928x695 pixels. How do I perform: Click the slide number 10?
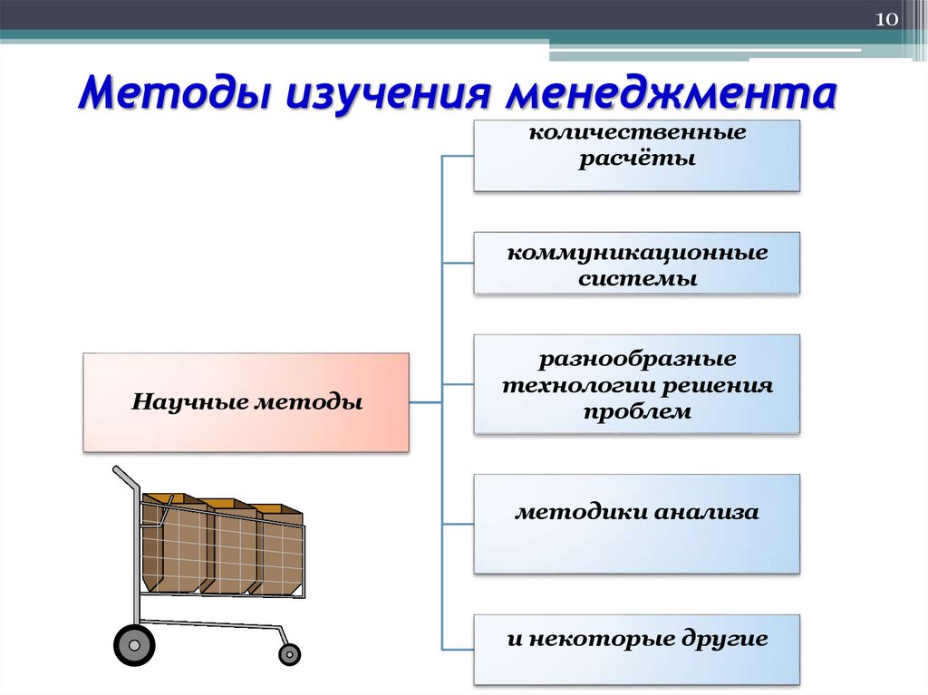point(884,20)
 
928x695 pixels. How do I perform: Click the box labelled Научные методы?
point(246,402)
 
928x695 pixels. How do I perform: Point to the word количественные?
point(637,133)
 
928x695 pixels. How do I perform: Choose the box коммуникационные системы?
point(636,263)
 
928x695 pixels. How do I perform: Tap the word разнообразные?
point(637,360)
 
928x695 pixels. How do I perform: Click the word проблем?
point(637,411)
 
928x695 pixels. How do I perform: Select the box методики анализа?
point(636,524)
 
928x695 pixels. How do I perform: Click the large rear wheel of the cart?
point(134,644)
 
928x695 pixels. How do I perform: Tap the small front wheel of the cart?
point(289,652)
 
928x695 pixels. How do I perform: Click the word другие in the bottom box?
point(725,639)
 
